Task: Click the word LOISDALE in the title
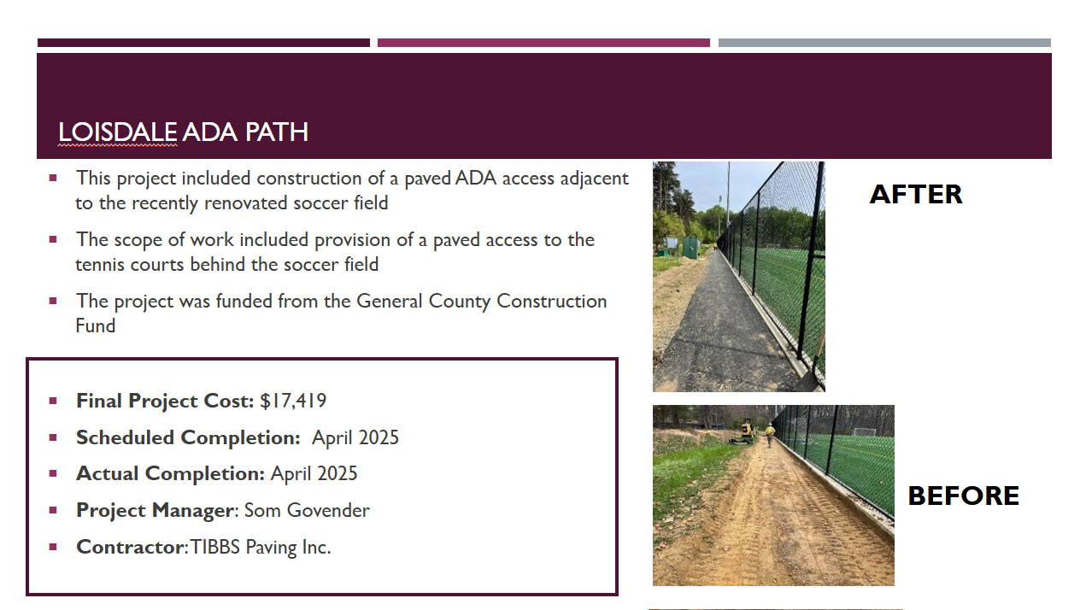click(117, 132)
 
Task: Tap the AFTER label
click(916, 195)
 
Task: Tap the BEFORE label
click(963, 496)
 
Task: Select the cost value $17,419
click(293, 401)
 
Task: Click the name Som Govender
click(307, 511)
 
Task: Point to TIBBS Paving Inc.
click(261, 548)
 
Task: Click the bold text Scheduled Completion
click(188, 438)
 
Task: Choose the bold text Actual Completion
click(170, 474)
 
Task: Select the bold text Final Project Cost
click(165, 401)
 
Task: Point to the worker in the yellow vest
click(769, 435)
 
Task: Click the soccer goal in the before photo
click(865, 431)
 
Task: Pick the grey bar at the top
click(884, 43)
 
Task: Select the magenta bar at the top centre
click(543, 43)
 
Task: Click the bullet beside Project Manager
click(53, 510)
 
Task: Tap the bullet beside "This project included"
click(53, 178)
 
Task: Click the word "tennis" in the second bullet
click(99, 265)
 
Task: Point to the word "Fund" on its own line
click(96, 326)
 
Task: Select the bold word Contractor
click(130, 548)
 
